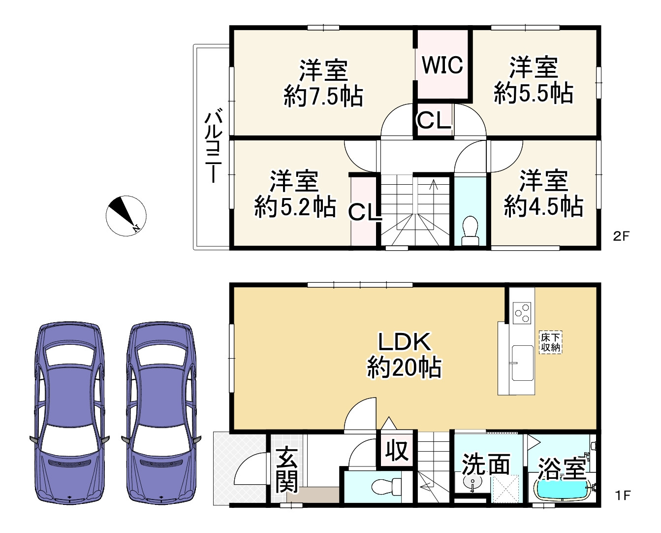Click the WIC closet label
[x=442, y=65]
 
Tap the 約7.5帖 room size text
[x=323, y=96]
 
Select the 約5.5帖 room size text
[x=534, y=93]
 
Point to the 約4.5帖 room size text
[x=544, y=206]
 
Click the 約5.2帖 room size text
[x=295, y=206]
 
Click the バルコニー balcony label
[x=213, y=147]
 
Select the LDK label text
[x=404, y=342]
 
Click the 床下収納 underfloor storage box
[x=551, y=342]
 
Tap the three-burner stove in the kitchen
[x=522, y=313]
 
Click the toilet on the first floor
[x=386, y=487]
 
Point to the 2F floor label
[x=621, y=236]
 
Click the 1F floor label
[x=623, y=496]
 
